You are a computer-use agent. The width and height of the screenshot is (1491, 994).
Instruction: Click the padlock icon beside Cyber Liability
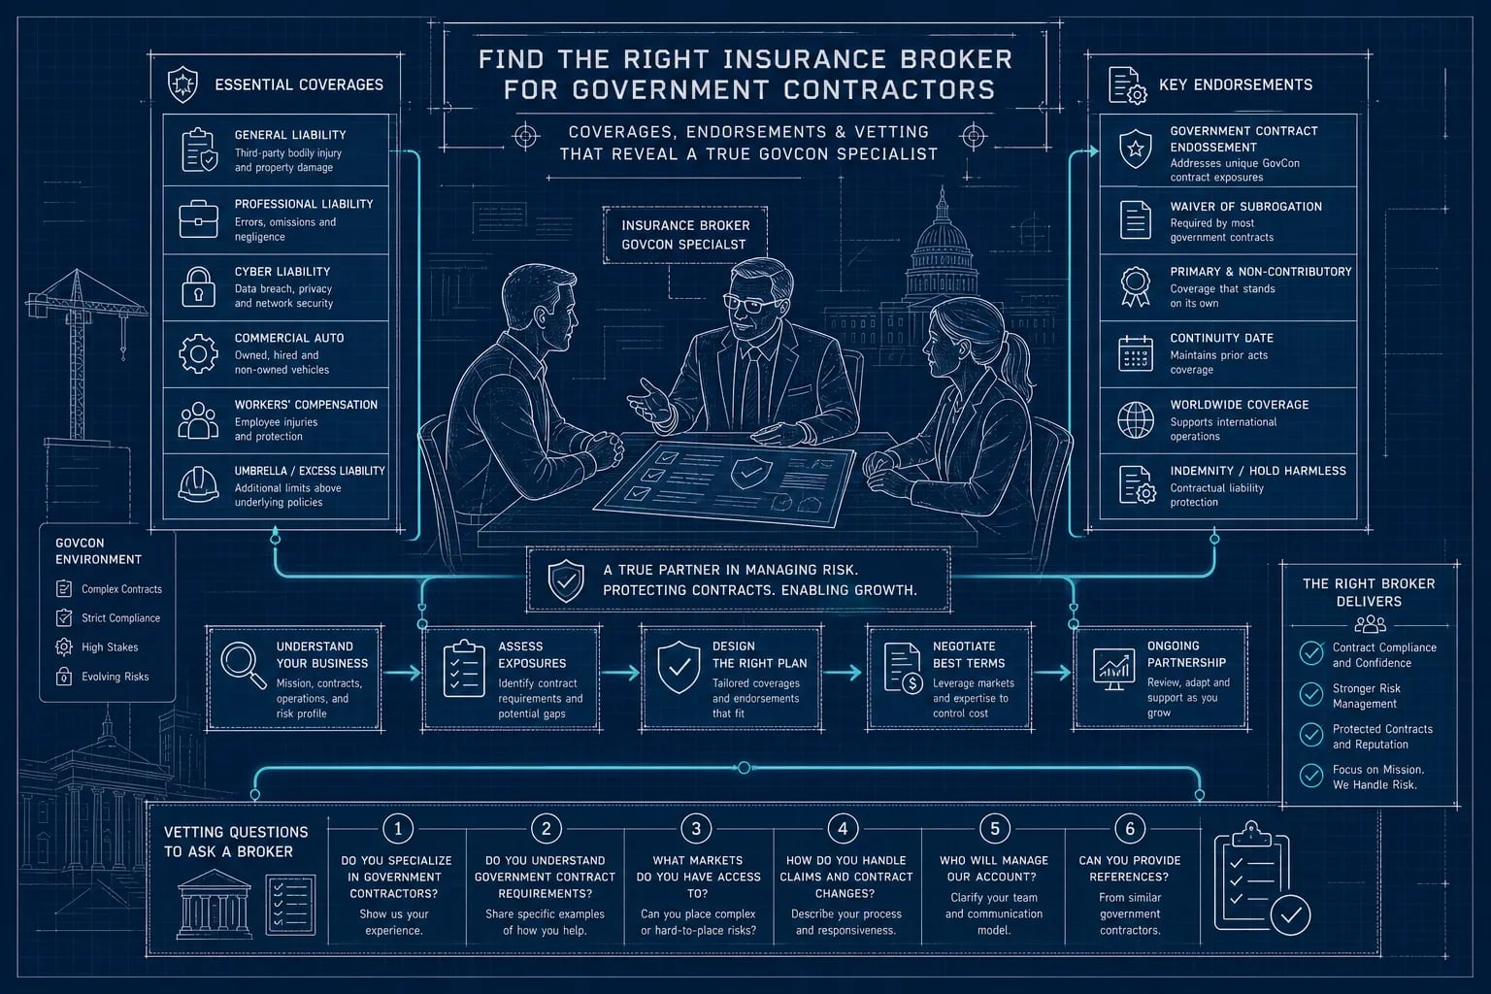pyautogui.click(x=198, y=287)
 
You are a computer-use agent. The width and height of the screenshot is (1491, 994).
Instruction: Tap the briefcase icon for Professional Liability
pyautogui.click(x=198, y=219)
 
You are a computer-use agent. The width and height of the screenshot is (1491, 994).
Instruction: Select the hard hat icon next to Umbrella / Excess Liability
pyautogui.click(x=198, y=484)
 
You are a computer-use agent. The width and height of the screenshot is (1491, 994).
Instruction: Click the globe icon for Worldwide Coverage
pyautogui.click(x=1136, y=420)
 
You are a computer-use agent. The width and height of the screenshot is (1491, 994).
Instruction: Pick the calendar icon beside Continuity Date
pyautogui.click(x=1136, y=353)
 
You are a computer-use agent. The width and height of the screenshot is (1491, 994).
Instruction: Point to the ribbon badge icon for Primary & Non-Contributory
pyautogui.click(x=1136, y=287)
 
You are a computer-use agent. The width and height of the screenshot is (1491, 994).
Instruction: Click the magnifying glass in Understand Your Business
pyautogui.click(x=244, y=665)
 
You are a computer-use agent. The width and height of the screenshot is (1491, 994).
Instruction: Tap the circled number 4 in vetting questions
pyautogui.click(x=843, y=829)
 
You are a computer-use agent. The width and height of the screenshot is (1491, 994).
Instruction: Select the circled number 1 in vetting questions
pyautogui.click(x=398, y=829)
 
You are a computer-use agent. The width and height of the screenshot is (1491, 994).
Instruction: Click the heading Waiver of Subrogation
pyautogui.click(x=1246, y=207)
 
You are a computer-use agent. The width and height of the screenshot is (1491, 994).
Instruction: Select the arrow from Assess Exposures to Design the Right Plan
pyautogui.click(x=619, y=673)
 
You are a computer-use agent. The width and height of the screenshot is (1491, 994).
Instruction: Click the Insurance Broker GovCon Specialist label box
pyautogui.click(x=685, y=235)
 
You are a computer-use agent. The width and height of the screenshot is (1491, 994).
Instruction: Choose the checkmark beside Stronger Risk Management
pyautogui.click(x=1311, y=694)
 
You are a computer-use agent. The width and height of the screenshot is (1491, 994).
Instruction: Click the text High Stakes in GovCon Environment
pyautogui.click(x=110, y=647)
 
